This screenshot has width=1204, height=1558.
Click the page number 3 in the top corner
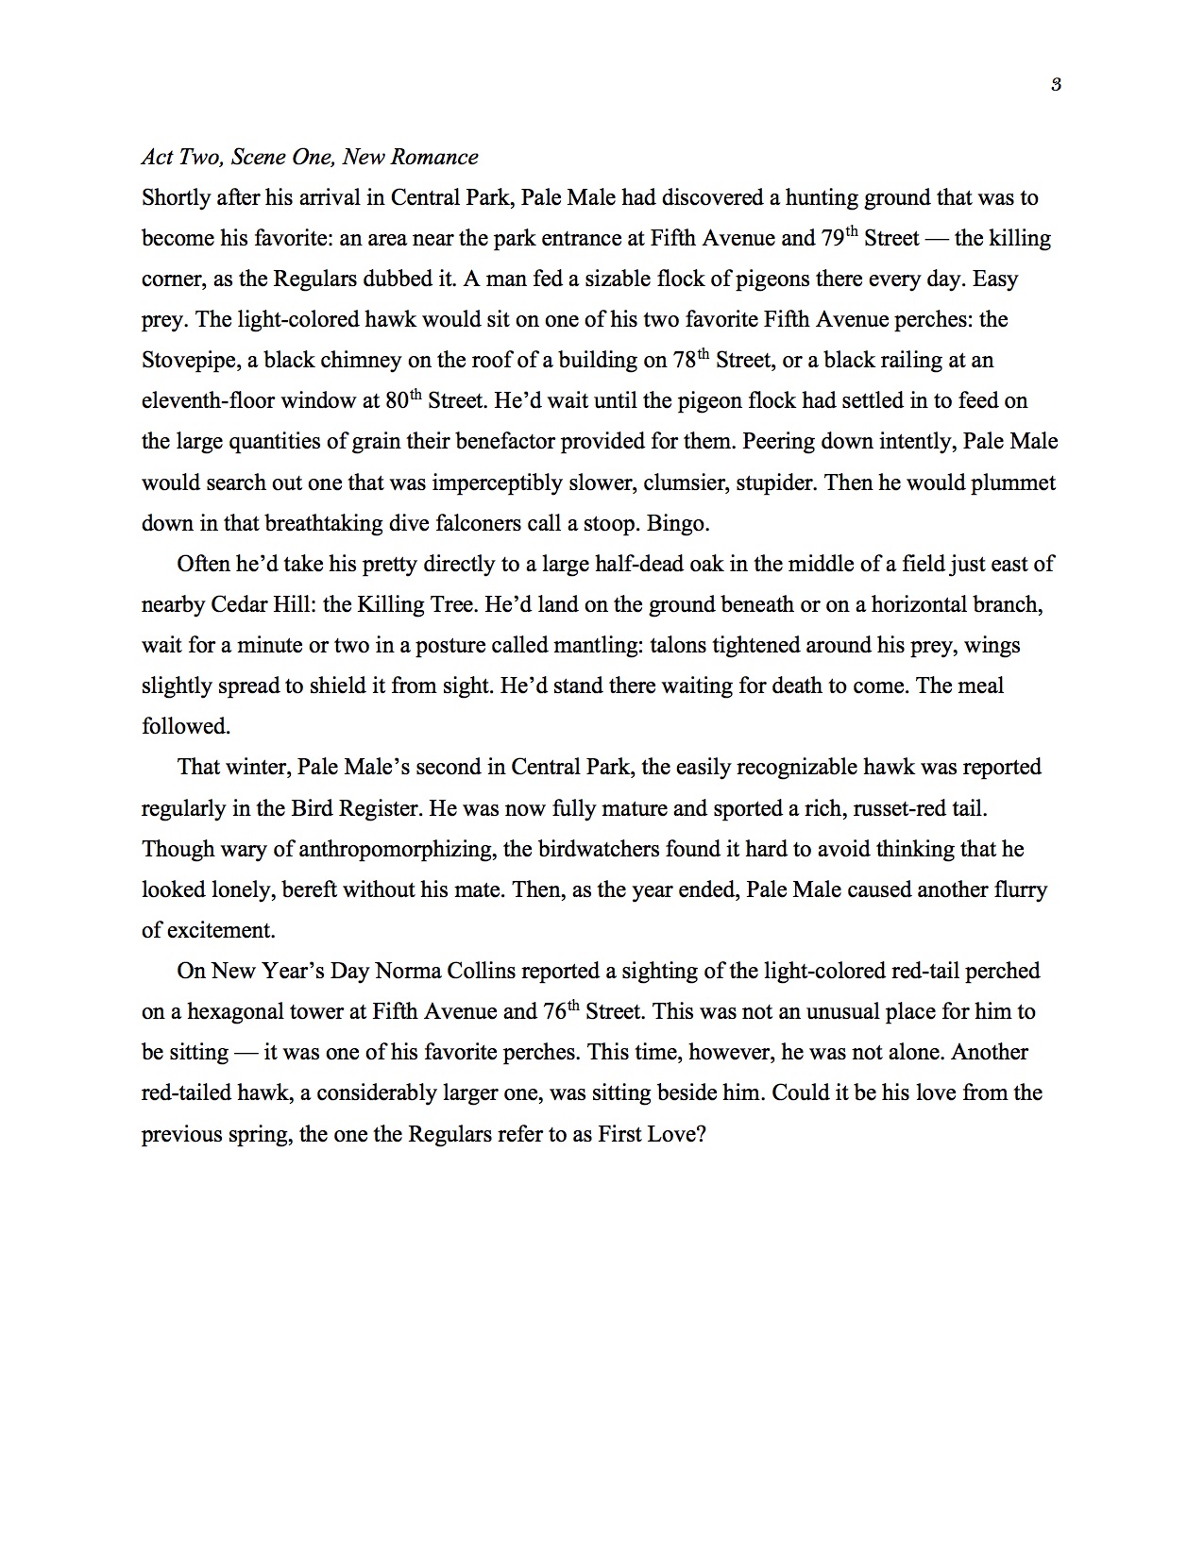tap(1056, 85)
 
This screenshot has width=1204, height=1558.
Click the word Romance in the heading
tap(442, 158)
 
